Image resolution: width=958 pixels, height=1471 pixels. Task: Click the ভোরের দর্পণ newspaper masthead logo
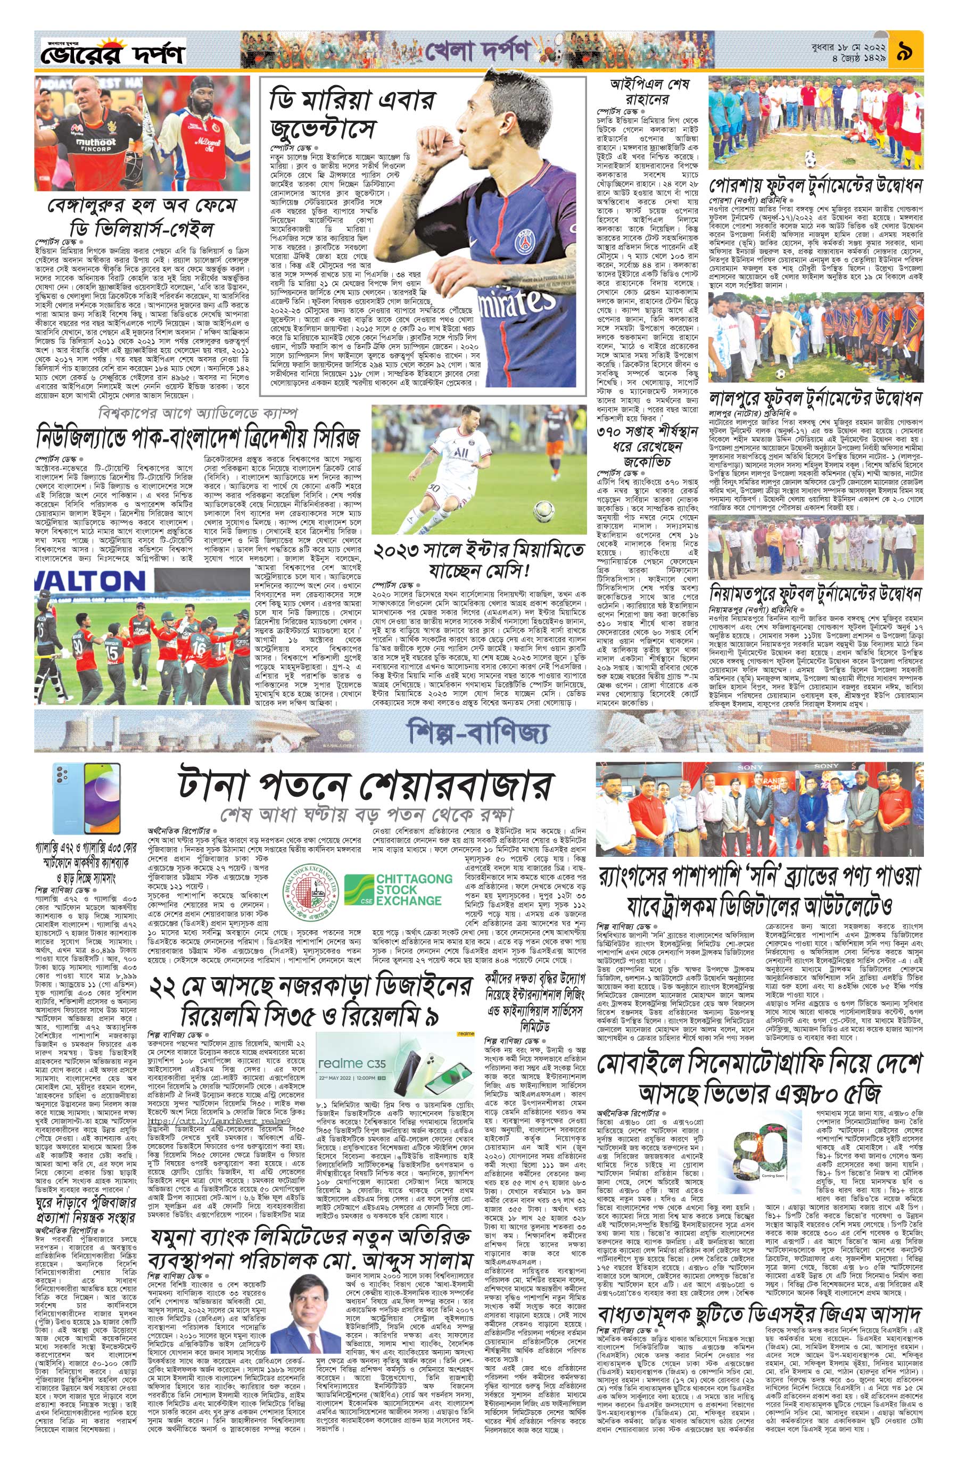click(112, 53)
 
